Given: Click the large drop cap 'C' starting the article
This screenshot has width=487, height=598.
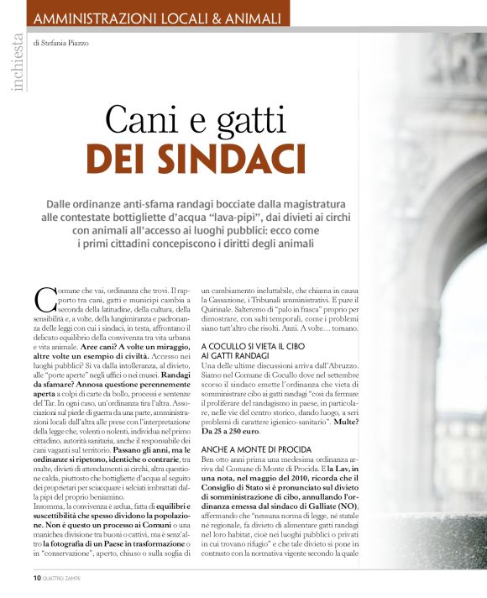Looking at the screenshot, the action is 44,299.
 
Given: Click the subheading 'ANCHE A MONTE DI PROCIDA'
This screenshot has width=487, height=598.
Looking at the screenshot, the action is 256,450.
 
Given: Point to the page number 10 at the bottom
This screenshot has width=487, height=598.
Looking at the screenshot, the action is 38,578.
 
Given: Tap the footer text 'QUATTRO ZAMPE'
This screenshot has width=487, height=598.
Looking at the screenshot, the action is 66,579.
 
